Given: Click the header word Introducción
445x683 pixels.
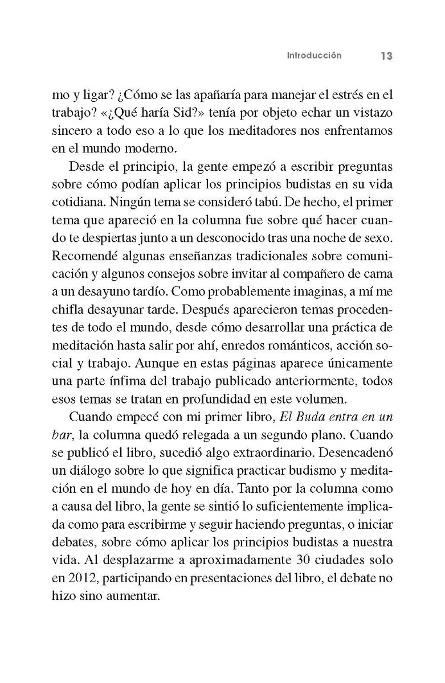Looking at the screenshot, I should pos(314,56).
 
